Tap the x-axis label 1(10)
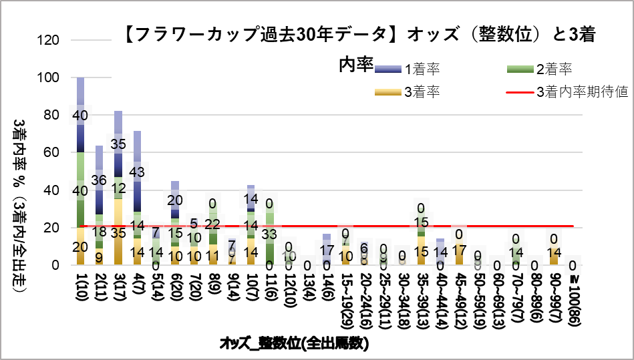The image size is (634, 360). [81, 295]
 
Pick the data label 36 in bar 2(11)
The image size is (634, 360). [100, 180]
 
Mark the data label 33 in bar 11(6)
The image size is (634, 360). [270, 234]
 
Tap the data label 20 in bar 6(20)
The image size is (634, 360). [175, 200]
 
